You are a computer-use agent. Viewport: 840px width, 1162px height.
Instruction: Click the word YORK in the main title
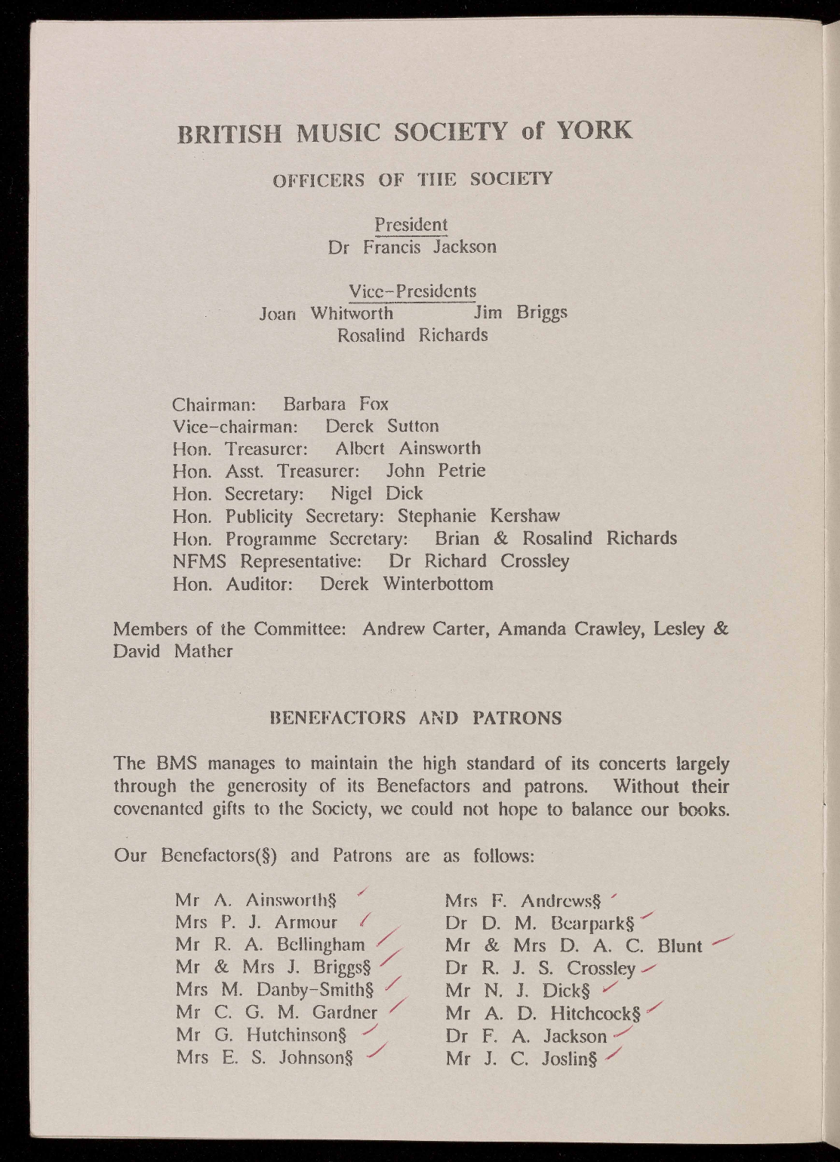pyautogui.click(x=593, y=131)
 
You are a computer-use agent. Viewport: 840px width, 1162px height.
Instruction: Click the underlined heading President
pyautogui.click(x=411, y=225)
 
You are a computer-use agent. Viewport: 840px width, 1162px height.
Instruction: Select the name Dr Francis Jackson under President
pyautogui.click(x=412, y=247)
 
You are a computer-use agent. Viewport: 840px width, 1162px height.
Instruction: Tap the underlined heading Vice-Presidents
pyautogui.click(x=412, y=291)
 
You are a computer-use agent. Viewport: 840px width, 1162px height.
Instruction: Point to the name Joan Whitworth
pyautogui.click(x=326, y=313)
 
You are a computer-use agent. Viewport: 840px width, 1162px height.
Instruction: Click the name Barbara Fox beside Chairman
pyautogui.click(x=336, y=404)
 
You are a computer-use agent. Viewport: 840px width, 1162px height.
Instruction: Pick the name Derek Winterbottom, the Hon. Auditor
pyautogui.click(x=406, y=584)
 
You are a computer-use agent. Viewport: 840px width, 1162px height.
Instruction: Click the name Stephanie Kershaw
pyautogui.click(x=478, y=516)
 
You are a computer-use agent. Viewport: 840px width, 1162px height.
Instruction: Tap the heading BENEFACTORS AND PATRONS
pyautogui.click(x=416, y=718)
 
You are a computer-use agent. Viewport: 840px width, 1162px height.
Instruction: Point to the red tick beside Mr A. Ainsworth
pyautogui.click(x=362, y=895)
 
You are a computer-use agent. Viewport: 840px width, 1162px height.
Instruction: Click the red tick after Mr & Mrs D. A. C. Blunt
pyautogui.click(x=722, y=940)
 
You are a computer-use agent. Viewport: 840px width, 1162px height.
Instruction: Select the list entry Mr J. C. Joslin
pyautogui.click(x=522, y=1059)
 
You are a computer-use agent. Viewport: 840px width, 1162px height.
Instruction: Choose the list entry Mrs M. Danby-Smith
pyautogui.click(x=275, y=989)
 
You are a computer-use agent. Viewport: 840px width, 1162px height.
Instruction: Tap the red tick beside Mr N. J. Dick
pyautogui.click(x=611, y=986)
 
